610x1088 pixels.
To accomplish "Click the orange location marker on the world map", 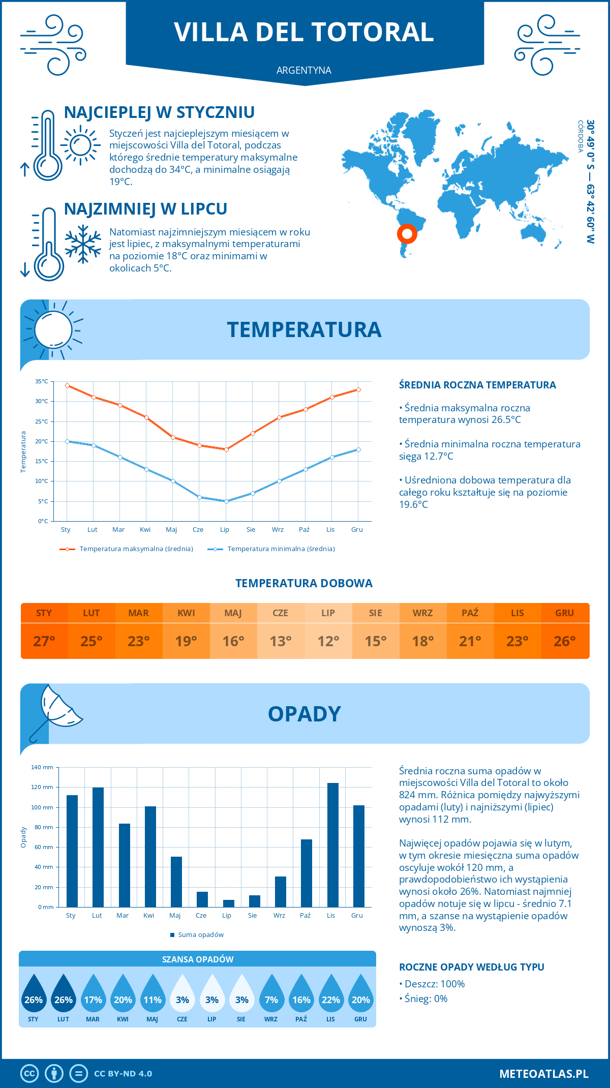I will (407, 234).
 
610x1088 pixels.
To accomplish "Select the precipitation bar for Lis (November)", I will (332, 844).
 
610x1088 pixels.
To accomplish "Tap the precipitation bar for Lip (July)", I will (228, 903).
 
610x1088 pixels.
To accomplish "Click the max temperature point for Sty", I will (67, 385).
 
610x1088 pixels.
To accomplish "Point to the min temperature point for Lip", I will (226, 501).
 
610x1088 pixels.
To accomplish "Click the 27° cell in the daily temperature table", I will (44, 641).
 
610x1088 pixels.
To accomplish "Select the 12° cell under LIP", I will (328, 641).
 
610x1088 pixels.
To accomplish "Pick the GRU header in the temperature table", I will (564, 613).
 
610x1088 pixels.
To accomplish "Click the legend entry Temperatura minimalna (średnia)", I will (281, 549).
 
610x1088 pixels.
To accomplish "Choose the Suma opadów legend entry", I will (200, 934).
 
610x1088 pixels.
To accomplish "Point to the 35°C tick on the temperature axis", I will (42, 381).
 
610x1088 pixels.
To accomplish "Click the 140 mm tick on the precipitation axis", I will (42, 767).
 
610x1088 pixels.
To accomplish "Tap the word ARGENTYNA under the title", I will (304, 70).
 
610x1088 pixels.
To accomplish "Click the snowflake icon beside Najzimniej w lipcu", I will (83, 244).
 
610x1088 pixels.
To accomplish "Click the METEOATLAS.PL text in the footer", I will (543, 1074).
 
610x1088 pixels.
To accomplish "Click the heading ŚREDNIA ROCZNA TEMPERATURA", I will (477, 385).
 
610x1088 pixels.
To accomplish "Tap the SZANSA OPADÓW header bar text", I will (198, 959).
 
